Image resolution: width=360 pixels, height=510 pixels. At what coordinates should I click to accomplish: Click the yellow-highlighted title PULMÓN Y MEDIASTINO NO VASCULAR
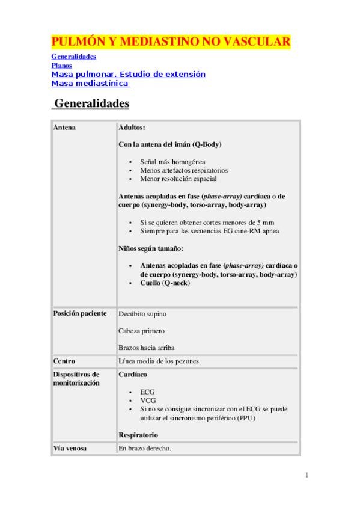tap(171, 41)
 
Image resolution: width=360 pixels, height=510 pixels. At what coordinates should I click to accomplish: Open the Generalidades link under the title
tap(74, 57)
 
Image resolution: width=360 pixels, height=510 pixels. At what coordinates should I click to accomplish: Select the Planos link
tap(61, 65)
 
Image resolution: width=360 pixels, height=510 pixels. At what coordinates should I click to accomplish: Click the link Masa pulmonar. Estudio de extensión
tap(128, 74)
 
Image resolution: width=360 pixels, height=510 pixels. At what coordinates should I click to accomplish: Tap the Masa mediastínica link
tap(90, 84)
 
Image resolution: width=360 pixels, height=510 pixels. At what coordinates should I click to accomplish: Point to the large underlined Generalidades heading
tap(91, 103)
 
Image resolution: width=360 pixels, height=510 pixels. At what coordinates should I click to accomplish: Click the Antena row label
tap(64, 128)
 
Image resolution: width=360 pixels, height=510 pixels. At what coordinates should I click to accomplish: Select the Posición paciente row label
tap(80, 313)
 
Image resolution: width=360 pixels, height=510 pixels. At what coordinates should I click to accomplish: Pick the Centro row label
tap(64, 361)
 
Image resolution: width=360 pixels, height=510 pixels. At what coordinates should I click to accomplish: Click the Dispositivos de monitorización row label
tap(76, 378)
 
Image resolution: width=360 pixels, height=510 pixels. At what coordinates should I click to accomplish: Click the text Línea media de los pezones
tap(159, 361)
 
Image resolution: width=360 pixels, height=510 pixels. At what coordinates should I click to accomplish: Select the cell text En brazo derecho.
tap(145, 448)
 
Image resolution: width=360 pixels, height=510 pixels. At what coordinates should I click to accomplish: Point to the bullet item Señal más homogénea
tap(172, 162)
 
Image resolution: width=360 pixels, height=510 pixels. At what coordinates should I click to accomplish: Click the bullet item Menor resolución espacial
tap(178, 179)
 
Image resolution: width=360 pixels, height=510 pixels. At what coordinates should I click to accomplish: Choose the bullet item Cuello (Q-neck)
tap(165, 283)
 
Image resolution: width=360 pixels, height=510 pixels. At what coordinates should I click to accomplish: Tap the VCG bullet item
tap(147, 400)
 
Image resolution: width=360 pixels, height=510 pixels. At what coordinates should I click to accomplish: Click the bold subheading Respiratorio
tap(138, 434)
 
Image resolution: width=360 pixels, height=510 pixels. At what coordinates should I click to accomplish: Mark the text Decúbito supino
tap(142, 314)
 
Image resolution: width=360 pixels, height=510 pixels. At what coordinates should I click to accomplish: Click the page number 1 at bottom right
tap(307, 475)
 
